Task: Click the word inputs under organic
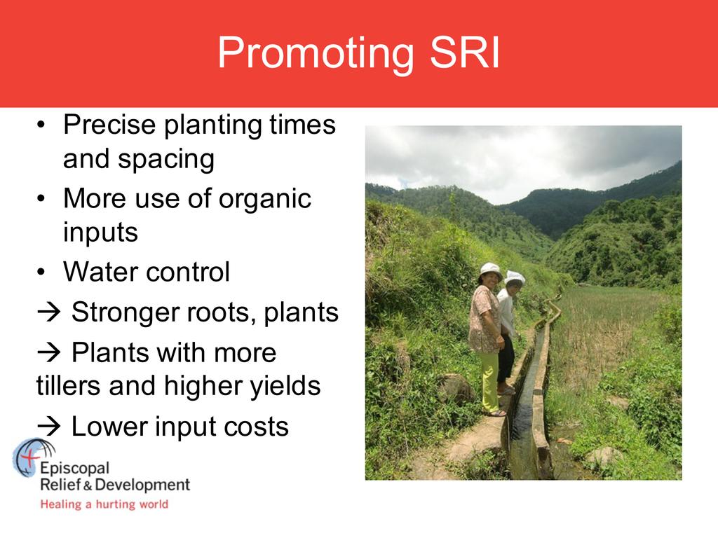[x=100, y=233]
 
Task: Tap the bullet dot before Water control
[x=41, y=273]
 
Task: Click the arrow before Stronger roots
[x=49, y=312]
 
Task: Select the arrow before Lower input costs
[x=49, y=427]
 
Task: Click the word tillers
[x=69, y=385]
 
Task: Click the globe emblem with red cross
[x=34, y=457]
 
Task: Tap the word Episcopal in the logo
[x=74, y=469]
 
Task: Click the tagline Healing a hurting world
[x=104, y=504]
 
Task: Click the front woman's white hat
[x=490, y=270]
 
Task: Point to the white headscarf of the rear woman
[x=515, y=277]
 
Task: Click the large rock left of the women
[x=454, y=388]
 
